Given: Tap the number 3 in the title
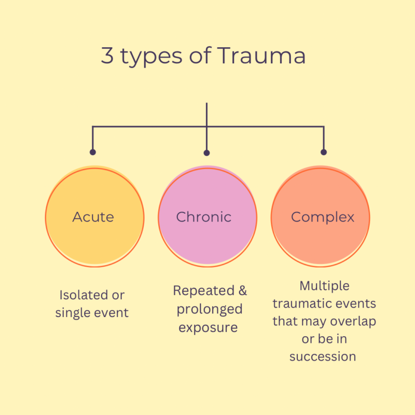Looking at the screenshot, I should (x=107, y=57).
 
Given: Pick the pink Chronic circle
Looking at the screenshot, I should (x=207, y=216).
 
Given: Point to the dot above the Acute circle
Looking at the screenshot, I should (x=92, y=153).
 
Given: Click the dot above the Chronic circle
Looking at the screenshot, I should (x=206, y=153).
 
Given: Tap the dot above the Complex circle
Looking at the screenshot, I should (x=324, y=153).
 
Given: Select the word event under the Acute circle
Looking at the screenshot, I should (x=110, y=313).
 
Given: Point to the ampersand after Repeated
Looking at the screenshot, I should (x=242, y=290).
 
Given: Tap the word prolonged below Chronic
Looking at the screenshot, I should (x=210, y=309).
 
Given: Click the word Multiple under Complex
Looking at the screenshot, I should (x=324, y=286).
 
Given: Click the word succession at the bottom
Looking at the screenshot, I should (x=323, y=356).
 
